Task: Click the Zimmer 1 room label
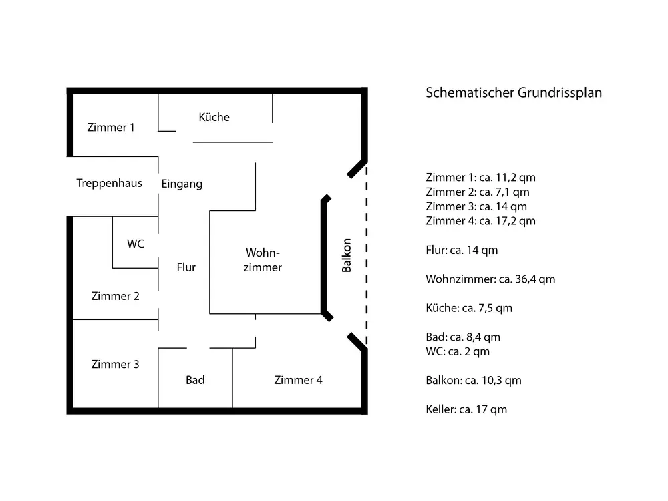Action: tap(111, 127)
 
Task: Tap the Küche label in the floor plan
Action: tap(214, 117)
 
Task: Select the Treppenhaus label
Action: tap(109, 183)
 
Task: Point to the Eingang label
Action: tap(182, 184)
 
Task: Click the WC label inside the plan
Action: tap(136, 244)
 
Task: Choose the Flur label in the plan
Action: tap(186, 267)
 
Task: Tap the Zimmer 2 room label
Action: tap(115, 296)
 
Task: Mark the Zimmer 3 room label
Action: tap(115, 365)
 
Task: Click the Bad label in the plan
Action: tap(195, 380)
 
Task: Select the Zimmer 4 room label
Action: tap(298, 380)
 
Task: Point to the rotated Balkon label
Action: tap(347, 256)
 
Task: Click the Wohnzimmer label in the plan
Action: tap(263, 260)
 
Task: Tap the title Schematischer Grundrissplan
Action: tap(514, 93)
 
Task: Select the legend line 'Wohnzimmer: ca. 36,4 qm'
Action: tap(490, 279)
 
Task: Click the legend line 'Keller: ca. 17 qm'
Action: tap(466, 409)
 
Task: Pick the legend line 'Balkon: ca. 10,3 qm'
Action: tap(474, 381)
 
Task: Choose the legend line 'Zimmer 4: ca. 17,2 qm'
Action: tap(480, 221)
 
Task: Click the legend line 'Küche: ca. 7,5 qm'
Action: tap(469, 308)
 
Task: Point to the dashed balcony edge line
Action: tap(366, 254)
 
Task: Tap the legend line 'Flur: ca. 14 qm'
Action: tap(462, 251)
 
